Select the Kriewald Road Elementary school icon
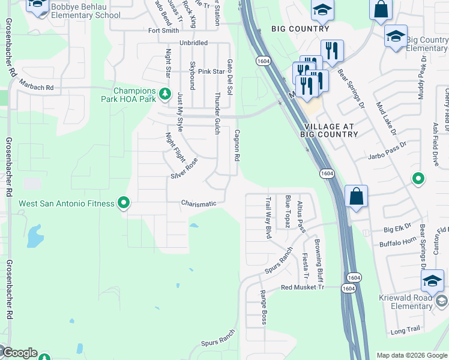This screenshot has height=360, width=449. coord(432,280)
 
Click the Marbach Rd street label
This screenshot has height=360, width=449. coord(36,88)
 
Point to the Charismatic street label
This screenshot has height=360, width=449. coord(199,203)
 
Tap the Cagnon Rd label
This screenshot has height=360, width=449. coord(237,146)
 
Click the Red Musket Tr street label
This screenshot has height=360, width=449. coord(303,287)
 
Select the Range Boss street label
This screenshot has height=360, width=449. coord(263,307)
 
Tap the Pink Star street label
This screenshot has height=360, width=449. coord(211,71)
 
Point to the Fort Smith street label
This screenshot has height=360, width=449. coord(163,30)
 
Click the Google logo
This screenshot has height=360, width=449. coord(19,353)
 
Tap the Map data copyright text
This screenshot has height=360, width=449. coord(412,355)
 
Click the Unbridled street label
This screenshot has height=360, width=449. coord(193,43)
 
